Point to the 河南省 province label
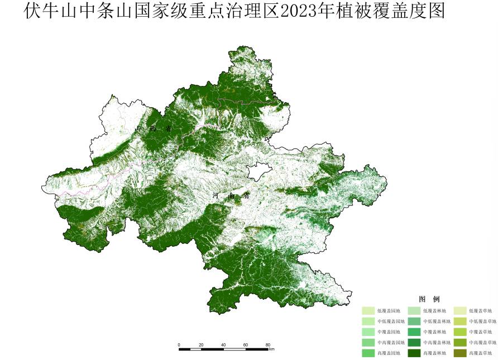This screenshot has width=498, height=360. coord(231,196)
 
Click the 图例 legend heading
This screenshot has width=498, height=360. coord(429,299)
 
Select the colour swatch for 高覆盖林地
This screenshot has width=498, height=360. coord(414,353)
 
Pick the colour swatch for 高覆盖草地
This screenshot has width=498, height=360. coord(459,353)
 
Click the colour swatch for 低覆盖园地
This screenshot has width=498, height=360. coord(368,311)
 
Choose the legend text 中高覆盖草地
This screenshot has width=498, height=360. coord(482,343)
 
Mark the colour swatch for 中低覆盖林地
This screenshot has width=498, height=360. coord(414,321)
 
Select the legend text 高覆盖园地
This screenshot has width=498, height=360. coord(389,353)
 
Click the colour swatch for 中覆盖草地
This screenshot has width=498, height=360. coord(459,332)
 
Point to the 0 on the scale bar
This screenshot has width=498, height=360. coord(179,345)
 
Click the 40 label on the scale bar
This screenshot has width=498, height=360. coord(223,345)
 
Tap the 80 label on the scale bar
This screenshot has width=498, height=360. coord(267,345)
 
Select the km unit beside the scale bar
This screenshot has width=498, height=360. coord(271,350)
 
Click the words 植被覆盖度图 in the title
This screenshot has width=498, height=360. coord(393,11)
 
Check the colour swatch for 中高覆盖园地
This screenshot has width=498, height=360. coord(368,343)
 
